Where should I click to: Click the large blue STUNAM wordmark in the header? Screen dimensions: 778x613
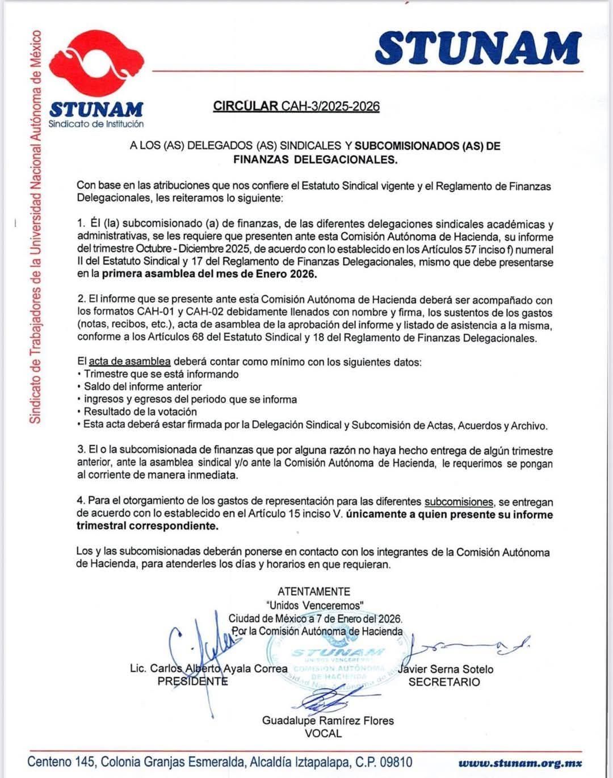[x=478, y=47]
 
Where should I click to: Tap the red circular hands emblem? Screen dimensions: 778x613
[x=96, y=66]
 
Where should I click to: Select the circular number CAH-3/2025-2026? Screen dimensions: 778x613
[x=330, y=106]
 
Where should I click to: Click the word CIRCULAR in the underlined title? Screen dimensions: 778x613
[x=246, y=106]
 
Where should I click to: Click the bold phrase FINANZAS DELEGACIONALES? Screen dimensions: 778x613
[x=315, y=159]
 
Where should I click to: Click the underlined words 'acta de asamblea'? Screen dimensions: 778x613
[x=130, y=361]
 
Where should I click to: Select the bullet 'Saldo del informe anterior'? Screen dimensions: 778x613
[x=142, y=386]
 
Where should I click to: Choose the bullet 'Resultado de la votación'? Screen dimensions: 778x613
[x=140, y=411]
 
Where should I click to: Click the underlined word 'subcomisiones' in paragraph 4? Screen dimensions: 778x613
[x=459, y=502]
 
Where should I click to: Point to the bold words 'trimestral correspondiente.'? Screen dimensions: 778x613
[x=147, y=526]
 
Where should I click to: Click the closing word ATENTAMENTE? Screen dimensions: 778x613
[x=314, y=591]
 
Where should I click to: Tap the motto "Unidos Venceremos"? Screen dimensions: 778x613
[x=314, y=605]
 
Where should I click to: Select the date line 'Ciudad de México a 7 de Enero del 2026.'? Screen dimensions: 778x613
[x=315, y=618]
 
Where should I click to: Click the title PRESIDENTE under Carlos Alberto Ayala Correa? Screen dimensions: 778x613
[x=192, y=682]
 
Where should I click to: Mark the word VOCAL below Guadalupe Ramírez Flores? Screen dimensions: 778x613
[x=323, y=733]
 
